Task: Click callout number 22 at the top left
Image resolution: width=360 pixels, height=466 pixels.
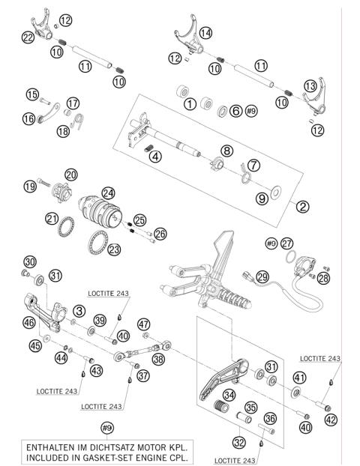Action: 28,37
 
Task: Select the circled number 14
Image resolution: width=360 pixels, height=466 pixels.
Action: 205,32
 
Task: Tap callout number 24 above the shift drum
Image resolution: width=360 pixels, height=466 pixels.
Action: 108,193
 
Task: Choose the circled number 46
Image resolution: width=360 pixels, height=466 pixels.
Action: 29,323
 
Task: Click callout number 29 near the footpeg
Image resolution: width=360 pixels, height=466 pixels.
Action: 262,277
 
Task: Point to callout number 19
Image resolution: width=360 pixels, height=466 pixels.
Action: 29,184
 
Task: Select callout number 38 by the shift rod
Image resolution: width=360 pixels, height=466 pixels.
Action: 158,358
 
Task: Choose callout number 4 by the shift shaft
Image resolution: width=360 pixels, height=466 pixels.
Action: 154,157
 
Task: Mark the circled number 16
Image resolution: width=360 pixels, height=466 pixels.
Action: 29,118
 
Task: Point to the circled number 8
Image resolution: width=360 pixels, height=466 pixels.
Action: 226,150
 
